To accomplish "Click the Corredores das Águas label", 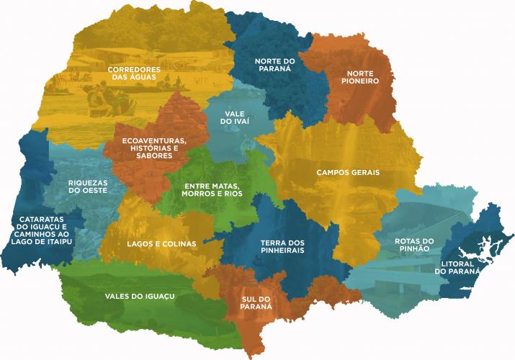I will point(133,74).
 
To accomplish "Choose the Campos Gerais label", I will point(347,173).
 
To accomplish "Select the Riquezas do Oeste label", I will point(88,186).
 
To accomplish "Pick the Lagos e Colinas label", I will point(161,244).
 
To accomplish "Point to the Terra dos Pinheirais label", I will point(282,246).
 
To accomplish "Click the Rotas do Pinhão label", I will point(413,244).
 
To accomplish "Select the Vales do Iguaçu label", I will point(131,295).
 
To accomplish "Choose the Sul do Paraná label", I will point(256,302).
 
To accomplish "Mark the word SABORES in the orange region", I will point(153,156).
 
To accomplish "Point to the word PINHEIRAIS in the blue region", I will point(282,251).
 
